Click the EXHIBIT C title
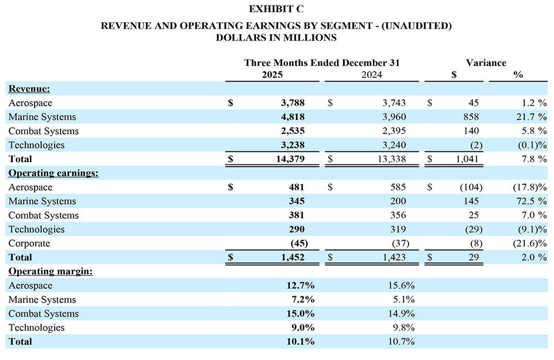tap(276, 9)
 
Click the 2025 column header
tap(272, 75)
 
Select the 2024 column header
tap(371, 75)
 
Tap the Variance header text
tap(486, 63)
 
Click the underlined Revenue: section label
tap(29, 89)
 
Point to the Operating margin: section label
tap(50, 271)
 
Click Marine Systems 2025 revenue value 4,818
tap(292, 117)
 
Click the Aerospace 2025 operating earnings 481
tap(295, 187)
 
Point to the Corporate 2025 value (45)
tap(299, 243)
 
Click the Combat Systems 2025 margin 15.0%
tap(302, 314)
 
